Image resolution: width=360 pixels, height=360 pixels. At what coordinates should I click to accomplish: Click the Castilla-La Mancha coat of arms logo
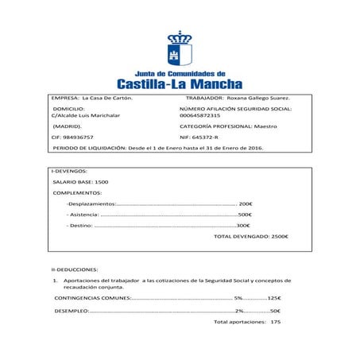180,49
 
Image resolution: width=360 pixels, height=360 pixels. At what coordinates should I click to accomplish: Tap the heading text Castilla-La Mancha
180,83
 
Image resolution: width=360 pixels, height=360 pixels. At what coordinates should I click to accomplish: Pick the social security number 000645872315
199,115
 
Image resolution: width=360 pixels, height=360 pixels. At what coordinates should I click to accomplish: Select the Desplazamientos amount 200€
246,203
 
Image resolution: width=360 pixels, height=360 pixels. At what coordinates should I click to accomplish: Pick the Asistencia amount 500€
245,215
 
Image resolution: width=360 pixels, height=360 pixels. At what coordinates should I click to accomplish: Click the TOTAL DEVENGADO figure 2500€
280,237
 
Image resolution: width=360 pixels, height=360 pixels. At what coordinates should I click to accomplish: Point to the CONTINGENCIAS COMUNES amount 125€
275,298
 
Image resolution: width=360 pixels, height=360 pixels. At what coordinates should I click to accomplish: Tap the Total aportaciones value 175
275,322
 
